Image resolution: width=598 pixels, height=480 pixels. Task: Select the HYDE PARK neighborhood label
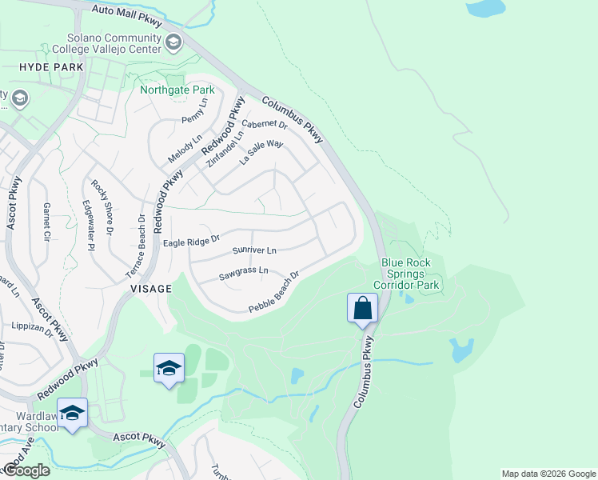coord(51,68)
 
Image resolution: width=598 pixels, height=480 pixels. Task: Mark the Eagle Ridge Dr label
coord(191,241)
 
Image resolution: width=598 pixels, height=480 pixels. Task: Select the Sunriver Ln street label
coord(253,250)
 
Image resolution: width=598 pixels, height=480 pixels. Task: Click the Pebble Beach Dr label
coord(273,293)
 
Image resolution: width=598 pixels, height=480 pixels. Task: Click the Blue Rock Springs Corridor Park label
coord(406,274)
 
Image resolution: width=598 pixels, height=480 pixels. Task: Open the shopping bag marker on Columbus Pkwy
coord(362,308)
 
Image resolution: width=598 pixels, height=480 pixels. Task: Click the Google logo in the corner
coord(26,470)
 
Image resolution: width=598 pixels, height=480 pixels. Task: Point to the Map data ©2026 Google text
coord(548,474)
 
